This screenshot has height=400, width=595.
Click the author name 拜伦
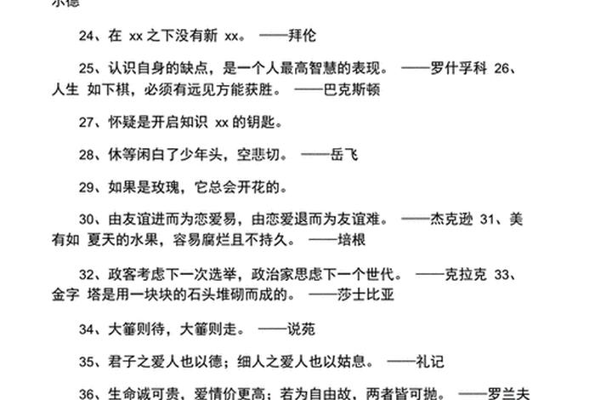point(312,37)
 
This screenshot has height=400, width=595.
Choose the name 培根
point(352,240)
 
